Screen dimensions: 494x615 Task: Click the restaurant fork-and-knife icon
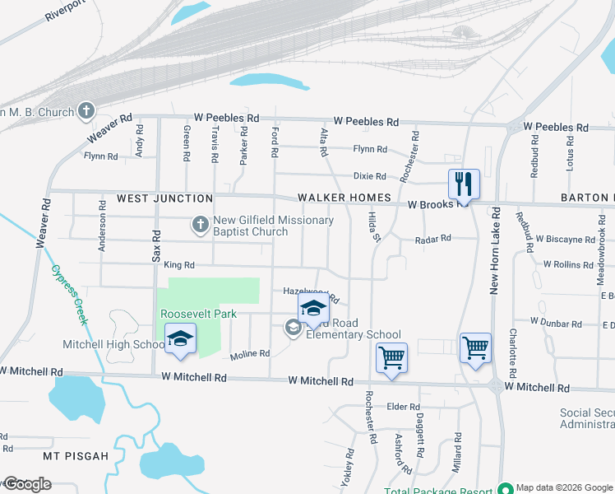464,184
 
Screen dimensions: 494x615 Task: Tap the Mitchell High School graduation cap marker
181,338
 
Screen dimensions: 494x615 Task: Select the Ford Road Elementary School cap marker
312,309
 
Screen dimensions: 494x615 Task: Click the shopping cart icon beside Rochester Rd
391,357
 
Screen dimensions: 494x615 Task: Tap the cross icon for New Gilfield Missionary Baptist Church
200,223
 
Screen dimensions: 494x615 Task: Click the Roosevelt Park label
198,314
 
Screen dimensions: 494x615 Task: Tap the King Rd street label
178,265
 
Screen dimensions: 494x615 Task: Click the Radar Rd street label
433,239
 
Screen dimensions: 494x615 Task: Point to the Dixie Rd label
369,176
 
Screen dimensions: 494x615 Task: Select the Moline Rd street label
250,354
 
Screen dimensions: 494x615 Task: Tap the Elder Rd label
403,407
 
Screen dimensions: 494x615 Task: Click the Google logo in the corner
26,484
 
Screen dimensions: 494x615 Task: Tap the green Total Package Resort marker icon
506,488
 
